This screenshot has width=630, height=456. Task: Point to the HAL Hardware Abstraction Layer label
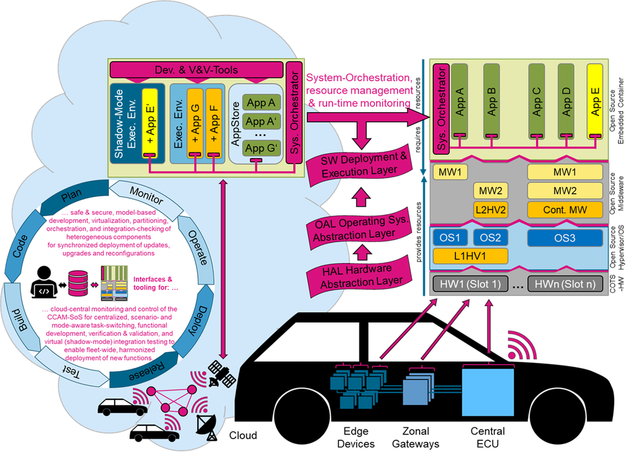(358, 277)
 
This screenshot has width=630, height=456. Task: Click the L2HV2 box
(491, 209)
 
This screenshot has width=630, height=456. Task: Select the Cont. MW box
(564, 210)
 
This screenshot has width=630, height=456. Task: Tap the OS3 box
(564, 237)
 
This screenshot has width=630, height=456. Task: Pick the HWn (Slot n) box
(564, 283)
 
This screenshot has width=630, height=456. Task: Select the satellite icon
(222, 373)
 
